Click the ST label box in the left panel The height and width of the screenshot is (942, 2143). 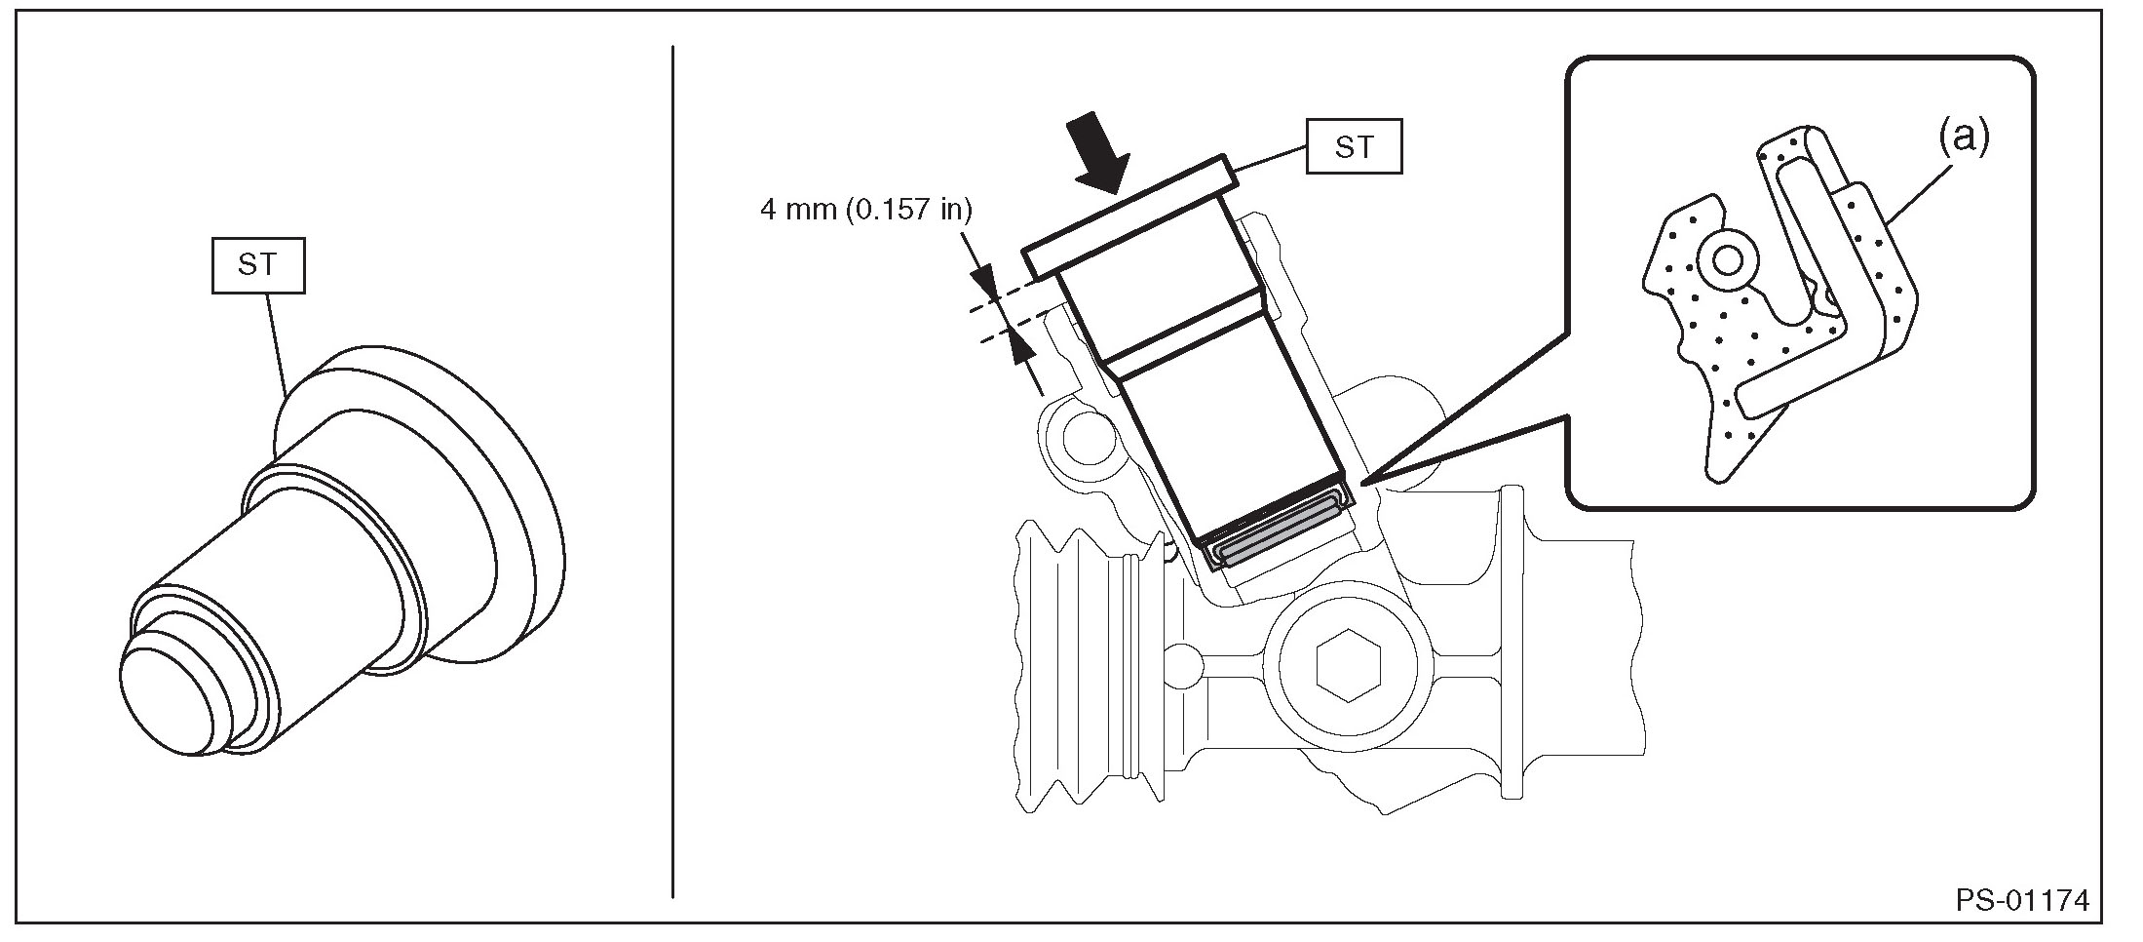pos(258,265)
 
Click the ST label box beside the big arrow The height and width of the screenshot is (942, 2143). pos(1355,147)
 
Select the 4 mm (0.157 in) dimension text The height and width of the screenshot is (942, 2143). pos(865,210)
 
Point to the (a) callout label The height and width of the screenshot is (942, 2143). pos(1963,137)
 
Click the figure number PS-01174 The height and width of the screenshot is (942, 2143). pos(2034,900)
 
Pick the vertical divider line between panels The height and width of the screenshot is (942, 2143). pos(673,468)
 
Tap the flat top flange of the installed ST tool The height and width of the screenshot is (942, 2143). pos(1129,219)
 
